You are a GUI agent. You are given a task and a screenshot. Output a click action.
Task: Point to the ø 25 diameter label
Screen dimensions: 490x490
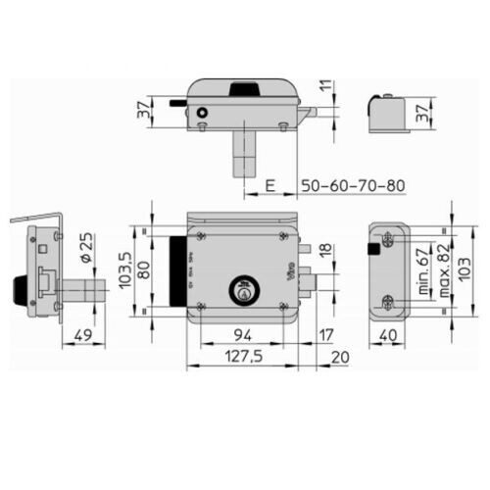pos(85,249)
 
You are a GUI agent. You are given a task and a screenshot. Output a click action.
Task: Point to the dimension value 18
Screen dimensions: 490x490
pos(326,256)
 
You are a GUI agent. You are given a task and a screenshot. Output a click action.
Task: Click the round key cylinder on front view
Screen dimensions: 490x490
pos(244,290)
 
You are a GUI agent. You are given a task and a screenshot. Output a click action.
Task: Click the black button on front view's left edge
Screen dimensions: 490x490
pos(179,272)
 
